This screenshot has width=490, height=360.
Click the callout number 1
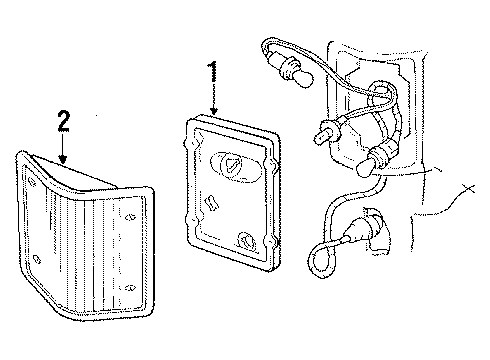212,71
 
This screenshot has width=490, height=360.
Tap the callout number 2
64,121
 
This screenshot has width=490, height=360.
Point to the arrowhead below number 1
214,111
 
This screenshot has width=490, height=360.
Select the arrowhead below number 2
63,159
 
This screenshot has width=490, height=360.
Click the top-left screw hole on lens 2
32,181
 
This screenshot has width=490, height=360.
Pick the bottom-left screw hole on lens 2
37,259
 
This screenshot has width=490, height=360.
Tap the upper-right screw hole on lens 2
130,217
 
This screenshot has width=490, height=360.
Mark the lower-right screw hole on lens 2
130,287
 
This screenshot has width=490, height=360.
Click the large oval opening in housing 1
235,167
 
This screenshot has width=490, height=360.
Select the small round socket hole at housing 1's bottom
246,240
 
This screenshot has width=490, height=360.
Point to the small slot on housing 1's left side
212,202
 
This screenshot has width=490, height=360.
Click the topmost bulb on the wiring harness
296,71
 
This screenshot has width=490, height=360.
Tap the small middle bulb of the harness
326,132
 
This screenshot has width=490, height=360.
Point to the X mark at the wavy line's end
468,188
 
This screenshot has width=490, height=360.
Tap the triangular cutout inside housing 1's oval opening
231,164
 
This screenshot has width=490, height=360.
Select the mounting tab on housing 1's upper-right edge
274,165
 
